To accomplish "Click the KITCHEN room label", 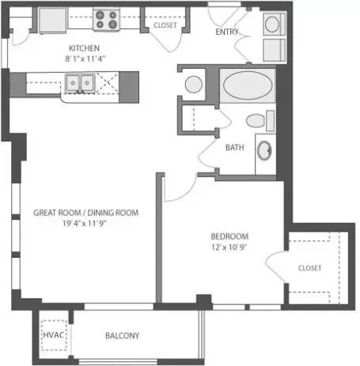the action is [84, 48].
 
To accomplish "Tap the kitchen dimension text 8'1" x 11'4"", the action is [85, 58].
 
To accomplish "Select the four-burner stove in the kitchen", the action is [106, 19].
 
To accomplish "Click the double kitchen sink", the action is [80, 83].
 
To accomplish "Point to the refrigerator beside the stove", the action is [52, 21].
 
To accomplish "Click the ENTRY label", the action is [227, 32].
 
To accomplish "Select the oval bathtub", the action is [248, 85].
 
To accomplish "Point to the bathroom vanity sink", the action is [264, 150].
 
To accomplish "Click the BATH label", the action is [235, 148].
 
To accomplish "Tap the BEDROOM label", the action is [229, 236].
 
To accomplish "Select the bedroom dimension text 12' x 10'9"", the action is [229, 247].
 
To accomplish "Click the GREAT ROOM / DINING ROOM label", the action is [85, 213].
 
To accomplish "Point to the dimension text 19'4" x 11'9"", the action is [85, 224].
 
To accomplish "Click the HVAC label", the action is [54, 335].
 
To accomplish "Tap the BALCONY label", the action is [122, 336].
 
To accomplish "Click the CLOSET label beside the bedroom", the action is [309, 268].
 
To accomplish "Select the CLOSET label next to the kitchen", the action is [165, 25].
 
